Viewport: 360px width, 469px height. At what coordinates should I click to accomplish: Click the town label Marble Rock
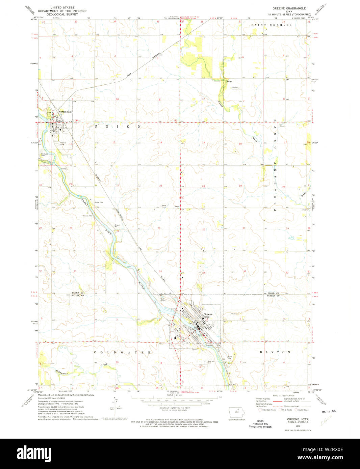pos(65,112)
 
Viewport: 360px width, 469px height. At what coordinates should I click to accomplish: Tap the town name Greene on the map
pos(208,314)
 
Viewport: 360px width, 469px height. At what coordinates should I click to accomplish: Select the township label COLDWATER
pos(122,352)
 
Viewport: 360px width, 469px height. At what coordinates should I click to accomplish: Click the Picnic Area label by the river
pos(87,216)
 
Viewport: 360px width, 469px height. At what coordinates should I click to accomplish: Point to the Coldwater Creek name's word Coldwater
pos(62,373)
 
